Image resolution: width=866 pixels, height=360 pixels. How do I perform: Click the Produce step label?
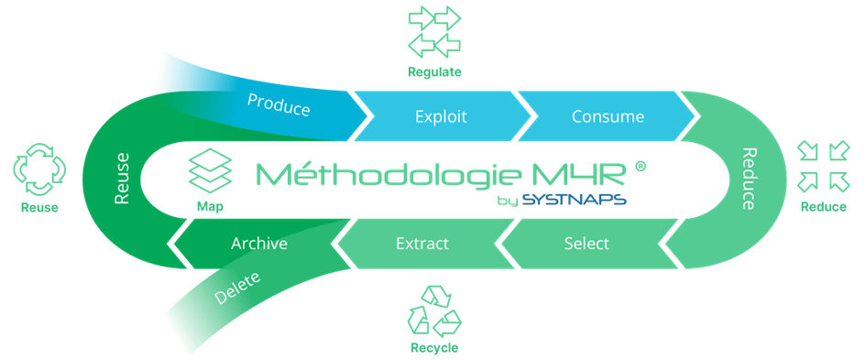pyautogui.click(x=279, y=104)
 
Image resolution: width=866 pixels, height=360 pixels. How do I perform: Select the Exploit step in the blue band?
pyautogui.click(x=441, y=116)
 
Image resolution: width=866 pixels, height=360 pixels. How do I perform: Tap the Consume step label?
pyautogui.click(x=608, y=116)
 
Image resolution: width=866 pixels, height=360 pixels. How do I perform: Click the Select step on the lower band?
pyautogui.click(x=586, y=243)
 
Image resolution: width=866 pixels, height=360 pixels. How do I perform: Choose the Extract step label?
pyautogui.click(x=422, y=243)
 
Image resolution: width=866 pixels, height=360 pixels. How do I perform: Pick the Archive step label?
pyautogui.click(x=259, y=244)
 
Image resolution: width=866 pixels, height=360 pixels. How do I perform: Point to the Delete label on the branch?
pyautogui.click(x=237, y=288)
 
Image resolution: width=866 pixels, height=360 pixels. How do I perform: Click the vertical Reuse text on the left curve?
pyautogui.click(x=122, y=178)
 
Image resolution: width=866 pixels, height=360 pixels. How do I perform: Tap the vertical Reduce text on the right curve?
pyautogui.click(x=747, y=179)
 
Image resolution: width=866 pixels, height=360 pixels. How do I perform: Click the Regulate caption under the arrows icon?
pyautogui.click(x=434, y=71)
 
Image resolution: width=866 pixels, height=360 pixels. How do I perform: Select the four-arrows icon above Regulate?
pyautogui.click(x=434, y=32)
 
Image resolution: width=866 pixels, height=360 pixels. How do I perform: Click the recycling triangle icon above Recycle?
pyautogui.click(x=434, y=311)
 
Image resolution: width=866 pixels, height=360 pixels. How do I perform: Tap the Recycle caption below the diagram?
pyautogui.click(x=434, y=348)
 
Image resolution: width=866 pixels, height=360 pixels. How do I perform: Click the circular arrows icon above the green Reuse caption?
pyautogui.click(x=39, y=169)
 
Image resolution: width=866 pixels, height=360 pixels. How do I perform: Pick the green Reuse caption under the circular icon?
pyautogui.click(x=39, y=208)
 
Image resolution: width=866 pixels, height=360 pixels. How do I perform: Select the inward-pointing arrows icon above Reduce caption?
pyautogui.click(x=824, y=167)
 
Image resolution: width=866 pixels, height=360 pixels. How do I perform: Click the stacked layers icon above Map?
pyautogui.click(x=210, y=170)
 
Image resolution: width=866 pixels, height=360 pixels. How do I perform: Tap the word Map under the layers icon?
pyautogui.click(x=210, y=207)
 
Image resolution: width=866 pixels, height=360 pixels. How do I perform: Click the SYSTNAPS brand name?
pyautogui.click(x=574, y=200)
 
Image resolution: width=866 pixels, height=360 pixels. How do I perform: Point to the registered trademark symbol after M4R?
pyautogui.click(x=641, y=166)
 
